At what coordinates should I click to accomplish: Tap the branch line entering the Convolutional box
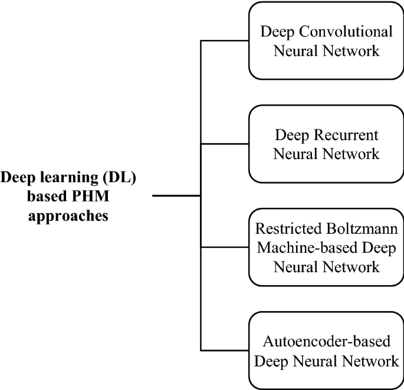coord(225,41)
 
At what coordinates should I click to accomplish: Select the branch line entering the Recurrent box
coord(225,144)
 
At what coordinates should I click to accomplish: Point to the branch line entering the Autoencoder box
coord(225,351)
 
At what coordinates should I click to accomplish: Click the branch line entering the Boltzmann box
coord(225,247)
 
